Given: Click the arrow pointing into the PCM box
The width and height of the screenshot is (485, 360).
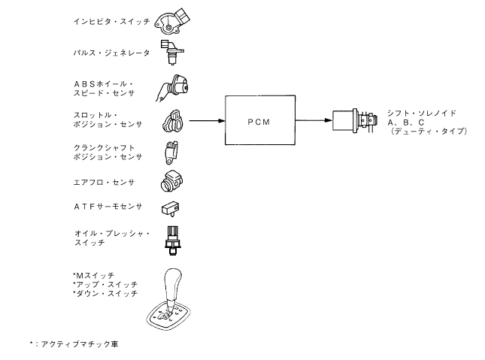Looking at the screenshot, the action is click(208, 119).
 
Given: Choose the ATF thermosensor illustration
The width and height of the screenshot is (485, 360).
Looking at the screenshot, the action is click(171, 208).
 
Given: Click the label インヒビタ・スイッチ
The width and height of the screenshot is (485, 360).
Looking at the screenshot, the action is click(106, 23).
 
